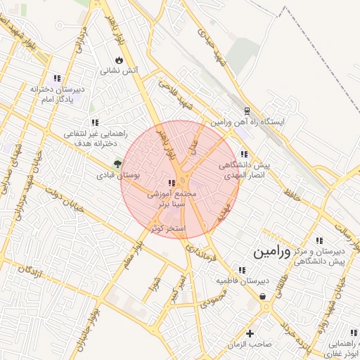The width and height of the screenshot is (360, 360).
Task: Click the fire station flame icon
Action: [118, 59]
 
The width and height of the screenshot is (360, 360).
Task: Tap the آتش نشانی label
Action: [120, 70]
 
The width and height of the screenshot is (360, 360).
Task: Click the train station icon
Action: [246, 110]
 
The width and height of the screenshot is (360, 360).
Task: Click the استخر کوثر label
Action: [169, 228]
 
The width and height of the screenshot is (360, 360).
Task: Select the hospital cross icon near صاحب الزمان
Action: [249, 333]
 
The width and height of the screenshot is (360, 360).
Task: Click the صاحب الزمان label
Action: [249, 345]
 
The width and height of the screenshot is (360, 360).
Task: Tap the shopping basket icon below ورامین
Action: [263, 296]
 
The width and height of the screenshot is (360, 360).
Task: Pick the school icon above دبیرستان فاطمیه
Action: [242, 270]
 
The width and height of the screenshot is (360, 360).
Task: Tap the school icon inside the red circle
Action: [173, 184]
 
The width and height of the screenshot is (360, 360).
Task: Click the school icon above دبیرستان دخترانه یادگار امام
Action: [57, 78]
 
